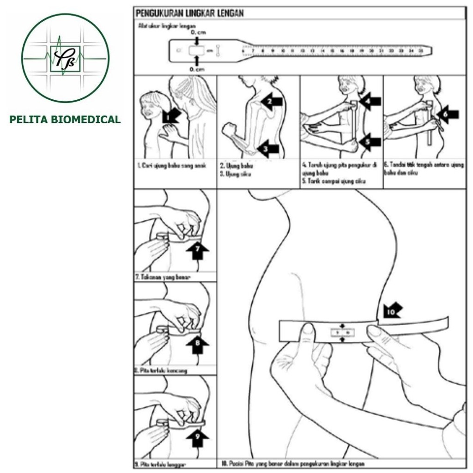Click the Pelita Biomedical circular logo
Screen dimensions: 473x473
pyautogui.click(x=65, y=58)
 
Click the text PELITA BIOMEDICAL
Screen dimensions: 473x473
pyautogui.click(x=65, y=120)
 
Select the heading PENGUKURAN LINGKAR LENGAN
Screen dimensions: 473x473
pyautogui.click(x=189, y=13)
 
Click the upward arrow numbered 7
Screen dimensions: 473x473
pyautogui.click(x=197, y=252)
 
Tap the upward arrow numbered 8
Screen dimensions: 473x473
pyautogui.click(x=197, y=344)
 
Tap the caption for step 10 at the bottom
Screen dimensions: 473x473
pyautogui.click(x=293, y=463)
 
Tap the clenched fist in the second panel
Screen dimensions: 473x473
pyautogui.click(x=228, y=129)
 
